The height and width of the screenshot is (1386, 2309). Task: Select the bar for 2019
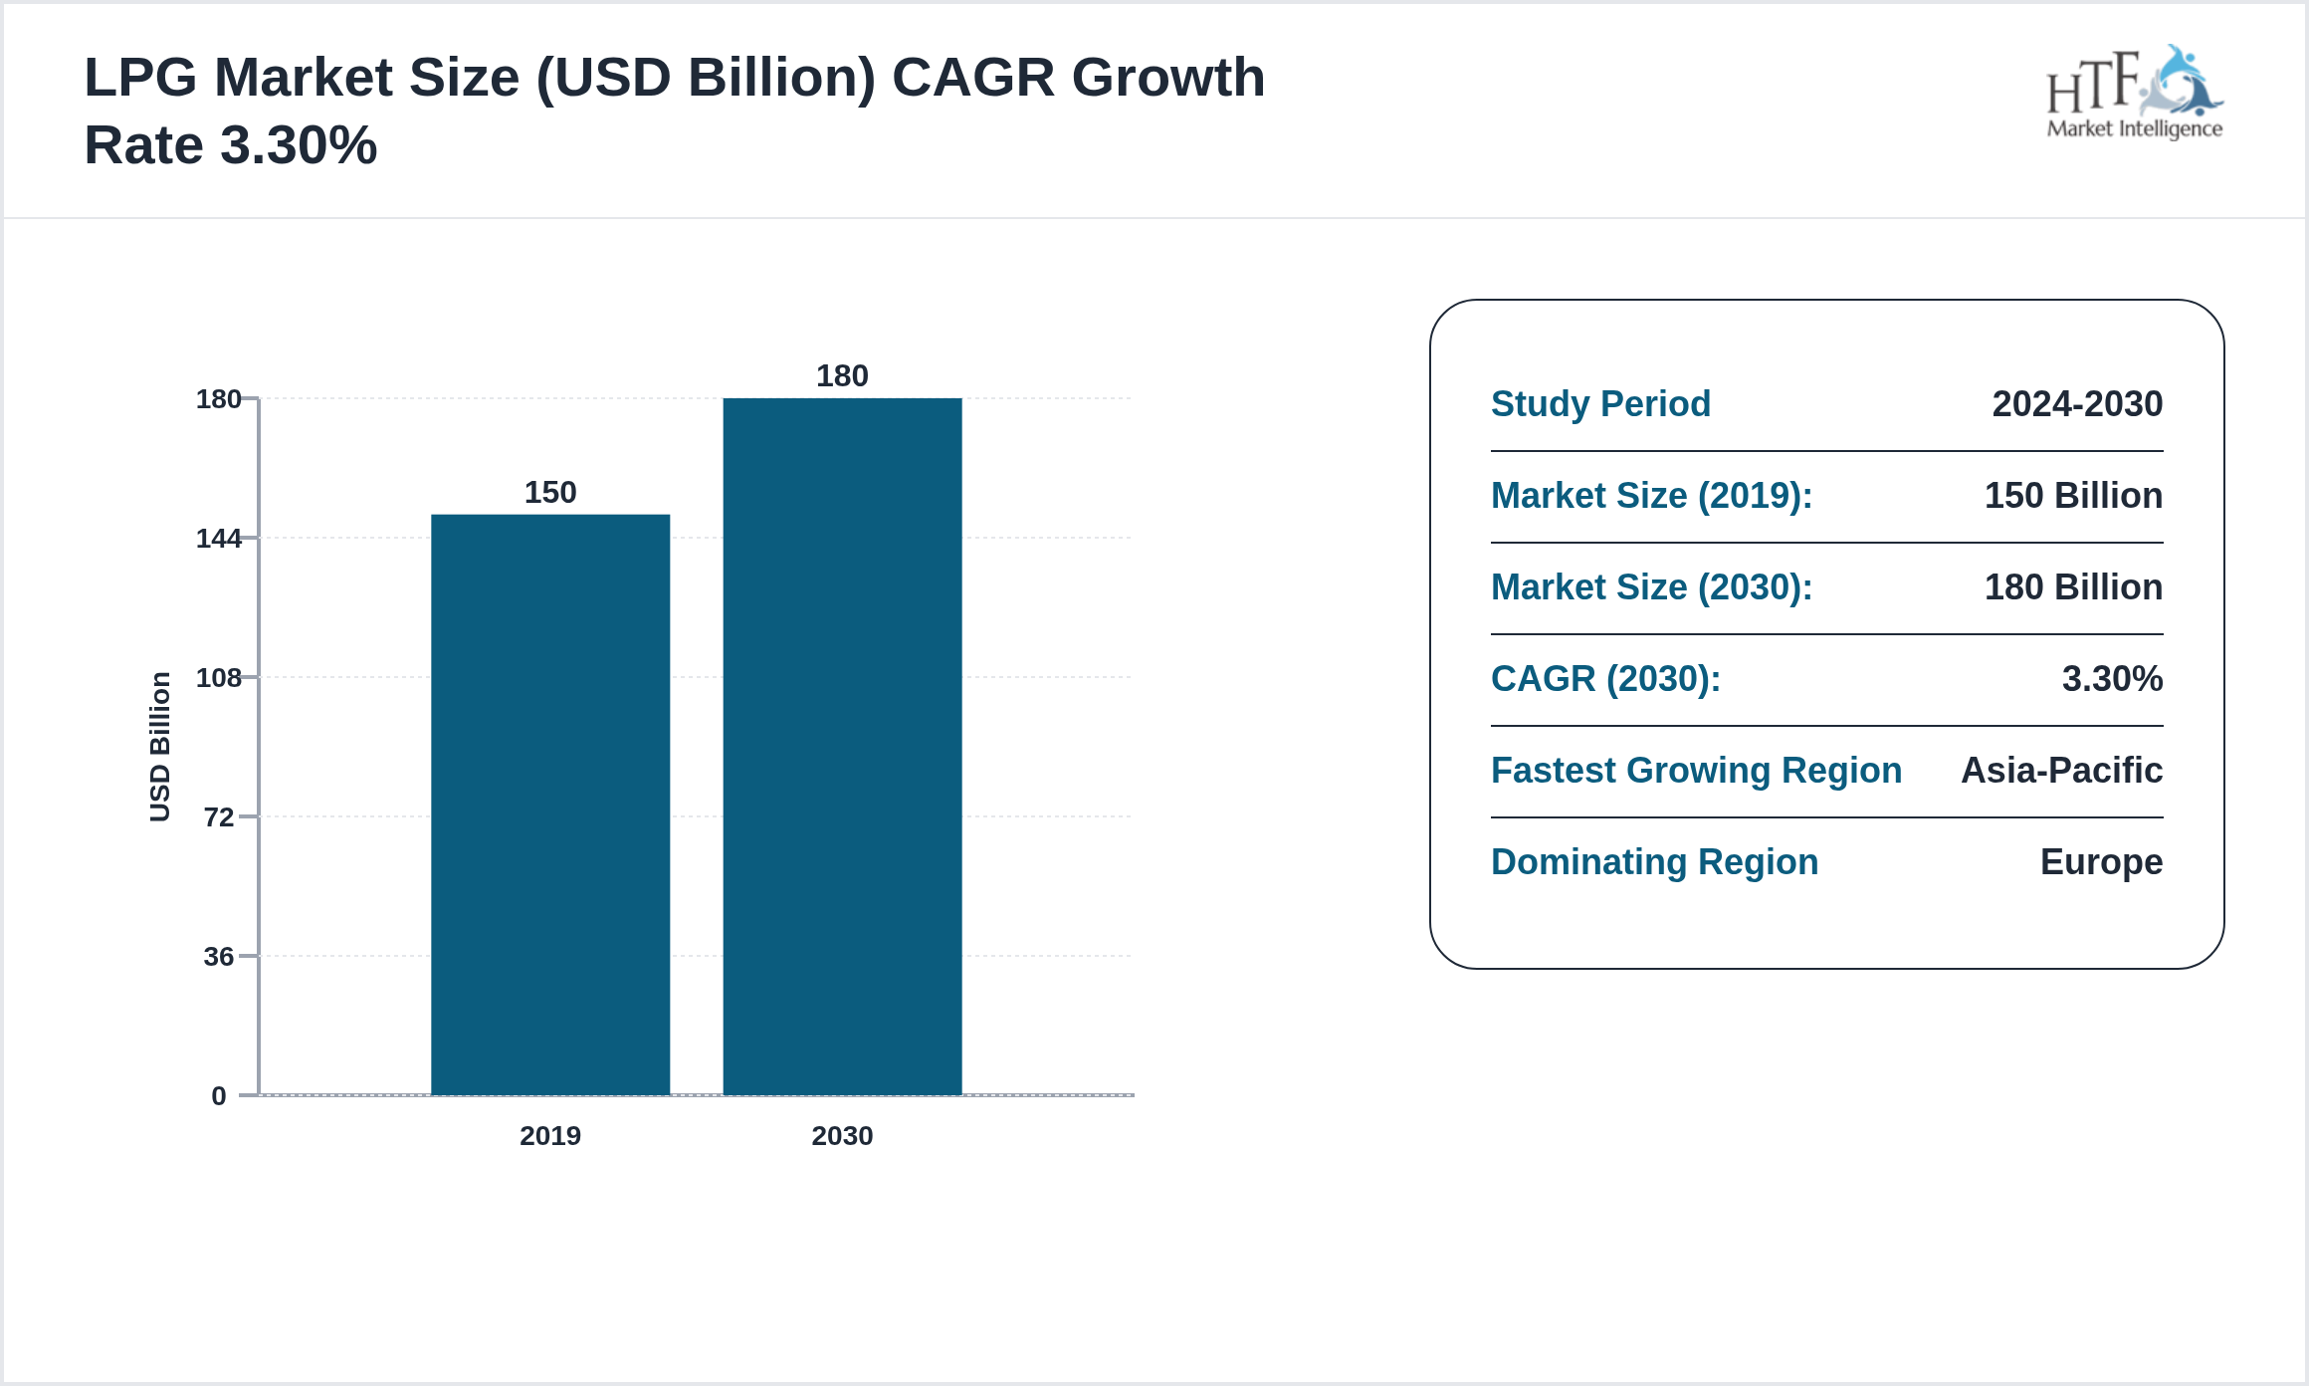549,805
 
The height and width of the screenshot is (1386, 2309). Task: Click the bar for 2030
842,747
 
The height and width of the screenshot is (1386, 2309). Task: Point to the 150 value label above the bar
549,492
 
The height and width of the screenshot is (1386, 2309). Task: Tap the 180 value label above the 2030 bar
842,375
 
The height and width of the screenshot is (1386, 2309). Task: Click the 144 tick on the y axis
219,539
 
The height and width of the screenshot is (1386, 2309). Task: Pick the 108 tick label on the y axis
219,678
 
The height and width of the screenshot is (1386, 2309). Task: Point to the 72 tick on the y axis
219,817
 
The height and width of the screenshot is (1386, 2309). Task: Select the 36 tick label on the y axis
219,957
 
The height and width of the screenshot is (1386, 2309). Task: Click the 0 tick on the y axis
219,1096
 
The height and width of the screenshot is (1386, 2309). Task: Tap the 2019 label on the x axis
549,1135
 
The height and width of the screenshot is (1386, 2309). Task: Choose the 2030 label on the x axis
842,1135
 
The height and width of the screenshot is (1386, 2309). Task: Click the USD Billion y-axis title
160,747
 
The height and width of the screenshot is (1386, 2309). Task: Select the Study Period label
1600,403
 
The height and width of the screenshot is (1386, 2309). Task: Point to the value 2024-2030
2076,403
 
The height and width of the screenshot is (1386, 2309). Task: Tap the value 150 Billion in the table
2072,495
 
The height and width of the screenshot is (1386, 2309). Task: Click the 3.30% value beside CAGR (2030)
2111,678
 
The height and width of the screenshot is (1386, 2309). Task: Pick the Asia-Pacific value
2061,770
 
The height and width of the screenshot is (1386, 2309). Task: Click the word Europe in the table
2100,861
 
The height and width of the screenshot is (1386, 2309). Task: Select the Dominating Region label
1654,861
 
